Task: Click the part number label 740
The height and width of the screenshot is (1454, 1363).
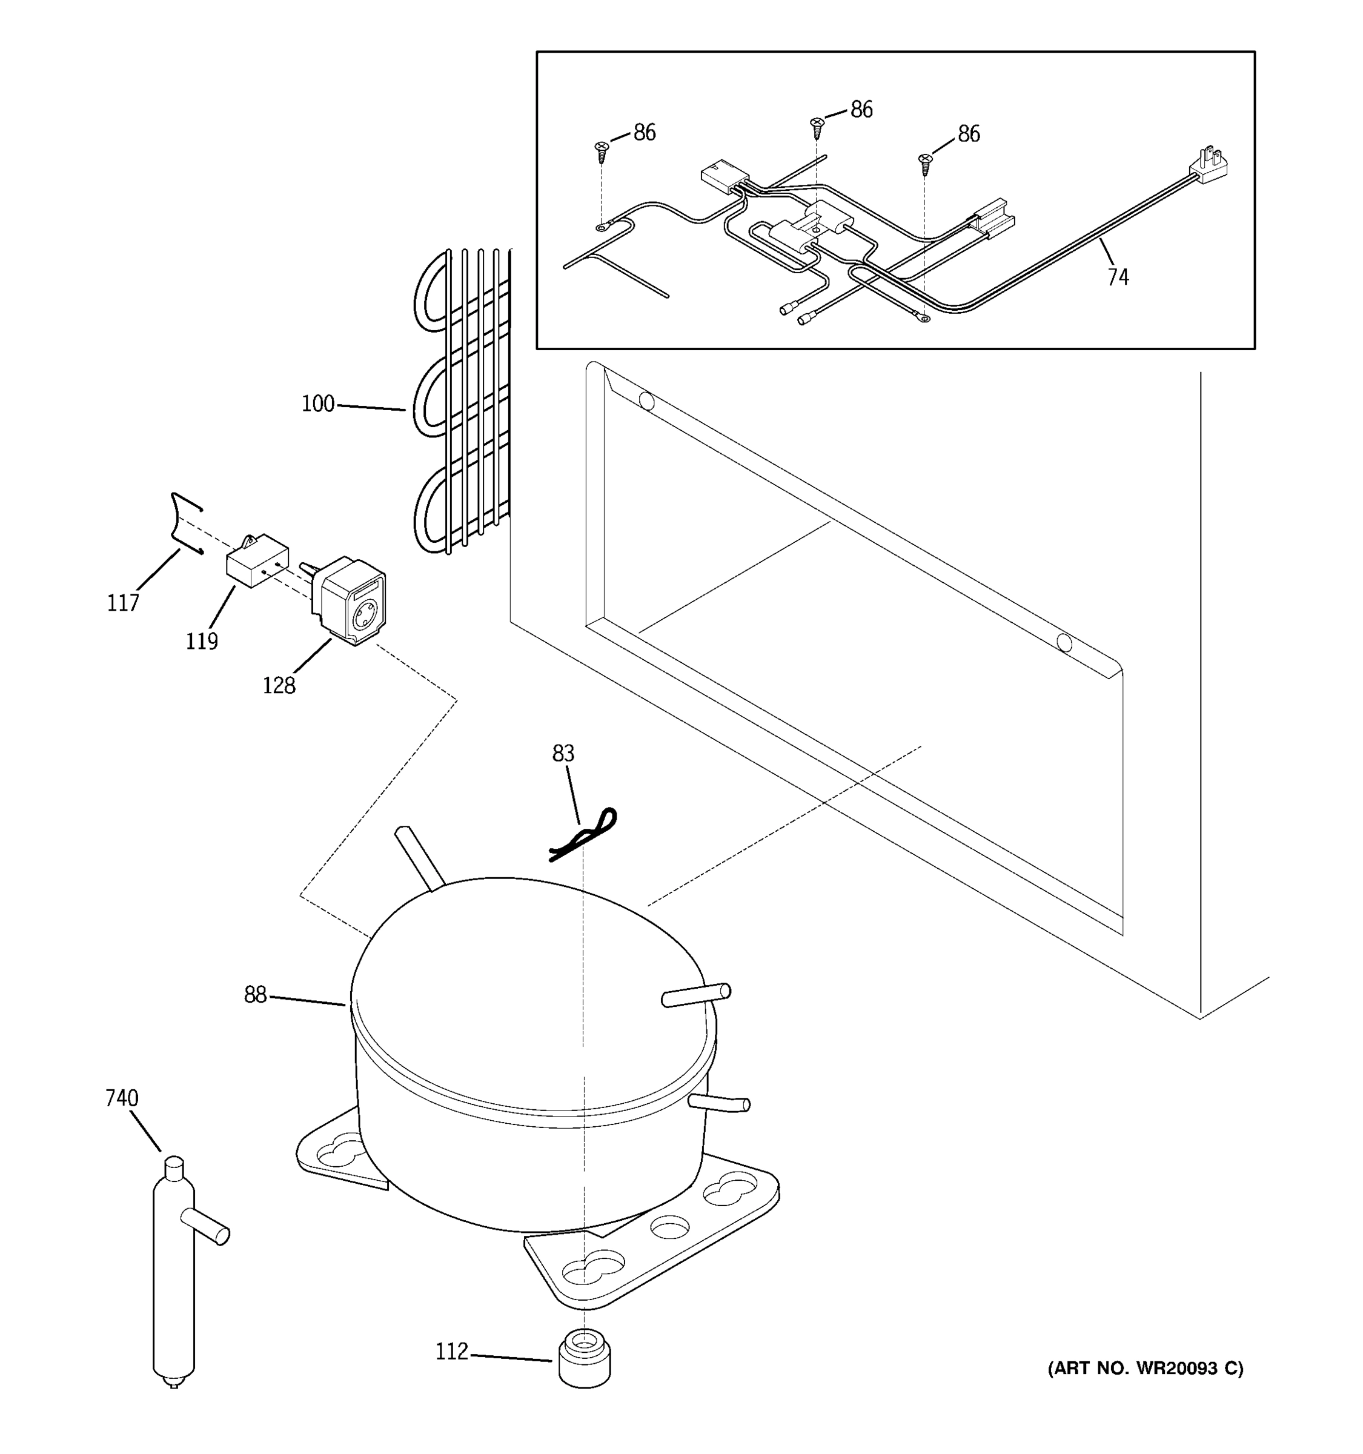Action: pos(121,1098)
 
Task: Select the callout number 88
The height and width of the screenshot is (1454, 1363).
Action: pos(255,995)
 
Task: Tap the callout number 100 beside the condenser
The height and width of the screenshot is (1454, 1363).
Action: pos(318,403)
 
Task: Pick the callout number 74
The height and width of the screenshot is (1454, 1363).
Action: pos(1117,277)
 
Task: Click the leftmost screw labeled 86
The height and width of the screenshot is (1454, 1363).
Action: pos(602,151)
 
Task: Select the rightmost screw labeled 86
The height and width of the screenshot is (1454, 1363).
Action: pos(925,163)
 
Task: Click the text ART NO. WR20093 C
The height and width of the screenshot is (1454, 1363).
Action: pos(1145,1369)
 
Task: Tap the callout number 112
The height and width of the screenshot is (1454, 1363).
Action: pos(451,1352)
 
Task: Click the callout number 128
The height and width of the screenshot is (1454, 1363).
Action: pos(279,685)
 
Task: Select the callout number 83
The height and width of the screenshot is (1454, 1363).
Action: pos(563,752)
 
